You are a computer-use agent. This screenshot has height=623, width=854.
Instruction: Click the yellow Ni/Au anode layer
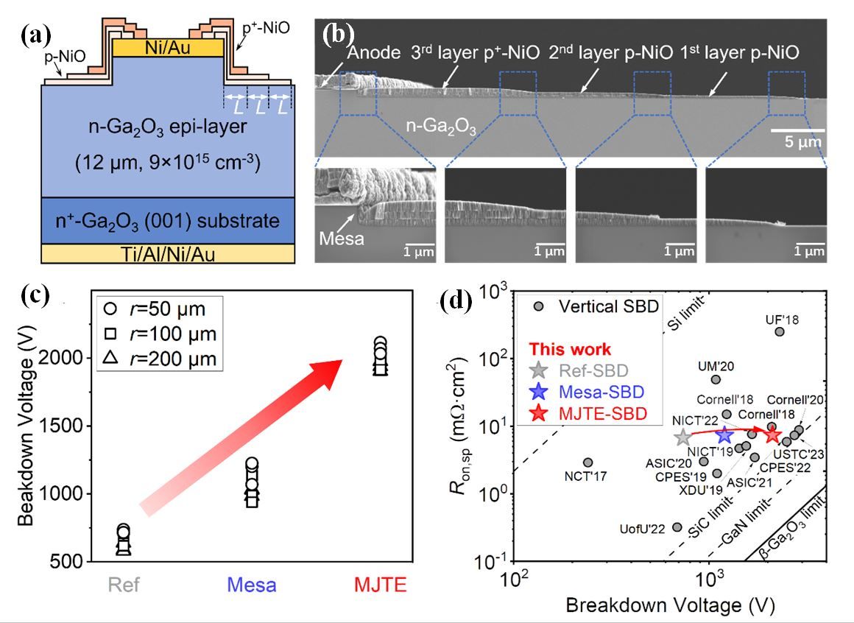(x=169, y=49)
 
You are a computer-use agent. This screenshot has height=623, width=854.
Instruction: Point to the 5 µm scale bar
(x=797, y=131)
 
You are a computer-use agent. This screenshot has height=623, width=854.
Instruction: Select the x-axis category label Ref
(x=124, y=586)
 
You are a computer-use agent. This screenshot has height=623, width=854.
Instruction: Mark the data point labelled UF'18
(x=780, y=331)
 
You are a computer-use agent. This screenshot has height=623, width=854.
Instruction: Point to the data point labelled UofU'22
(x=677, y=527)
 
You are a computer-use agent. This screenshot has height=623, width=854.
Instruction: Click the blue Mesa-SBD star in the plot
(x=724, y=434)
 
